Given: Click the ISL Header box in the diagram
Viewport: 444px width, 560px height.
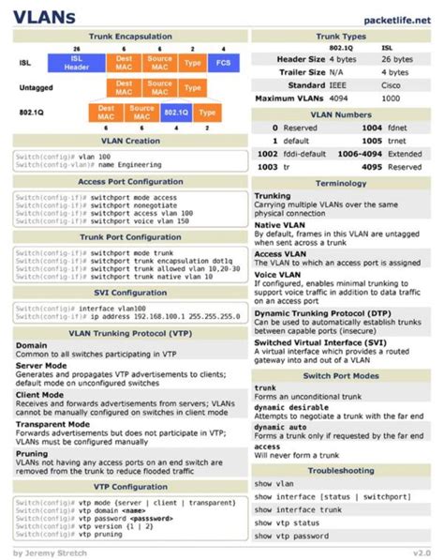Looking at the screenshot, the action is (77, 63).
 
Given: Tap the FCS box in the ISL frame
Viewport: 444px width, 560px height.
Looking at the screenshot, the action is (222, 63).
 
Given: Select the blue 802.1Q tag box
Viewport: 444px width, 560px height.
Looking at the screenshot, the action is (175, 112).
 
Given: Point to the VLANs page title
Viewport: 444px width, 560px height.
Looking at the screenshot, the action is (44, 16).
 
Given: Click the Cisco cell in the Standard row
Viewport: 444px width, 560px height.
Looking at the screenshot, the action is (391, 85).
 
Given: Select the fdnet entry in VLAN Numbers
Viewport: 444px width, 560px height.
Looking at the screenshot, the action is (397, 128).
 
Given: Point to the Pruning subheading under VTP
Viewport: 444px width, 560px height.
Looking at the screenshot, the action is (31, 453).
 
